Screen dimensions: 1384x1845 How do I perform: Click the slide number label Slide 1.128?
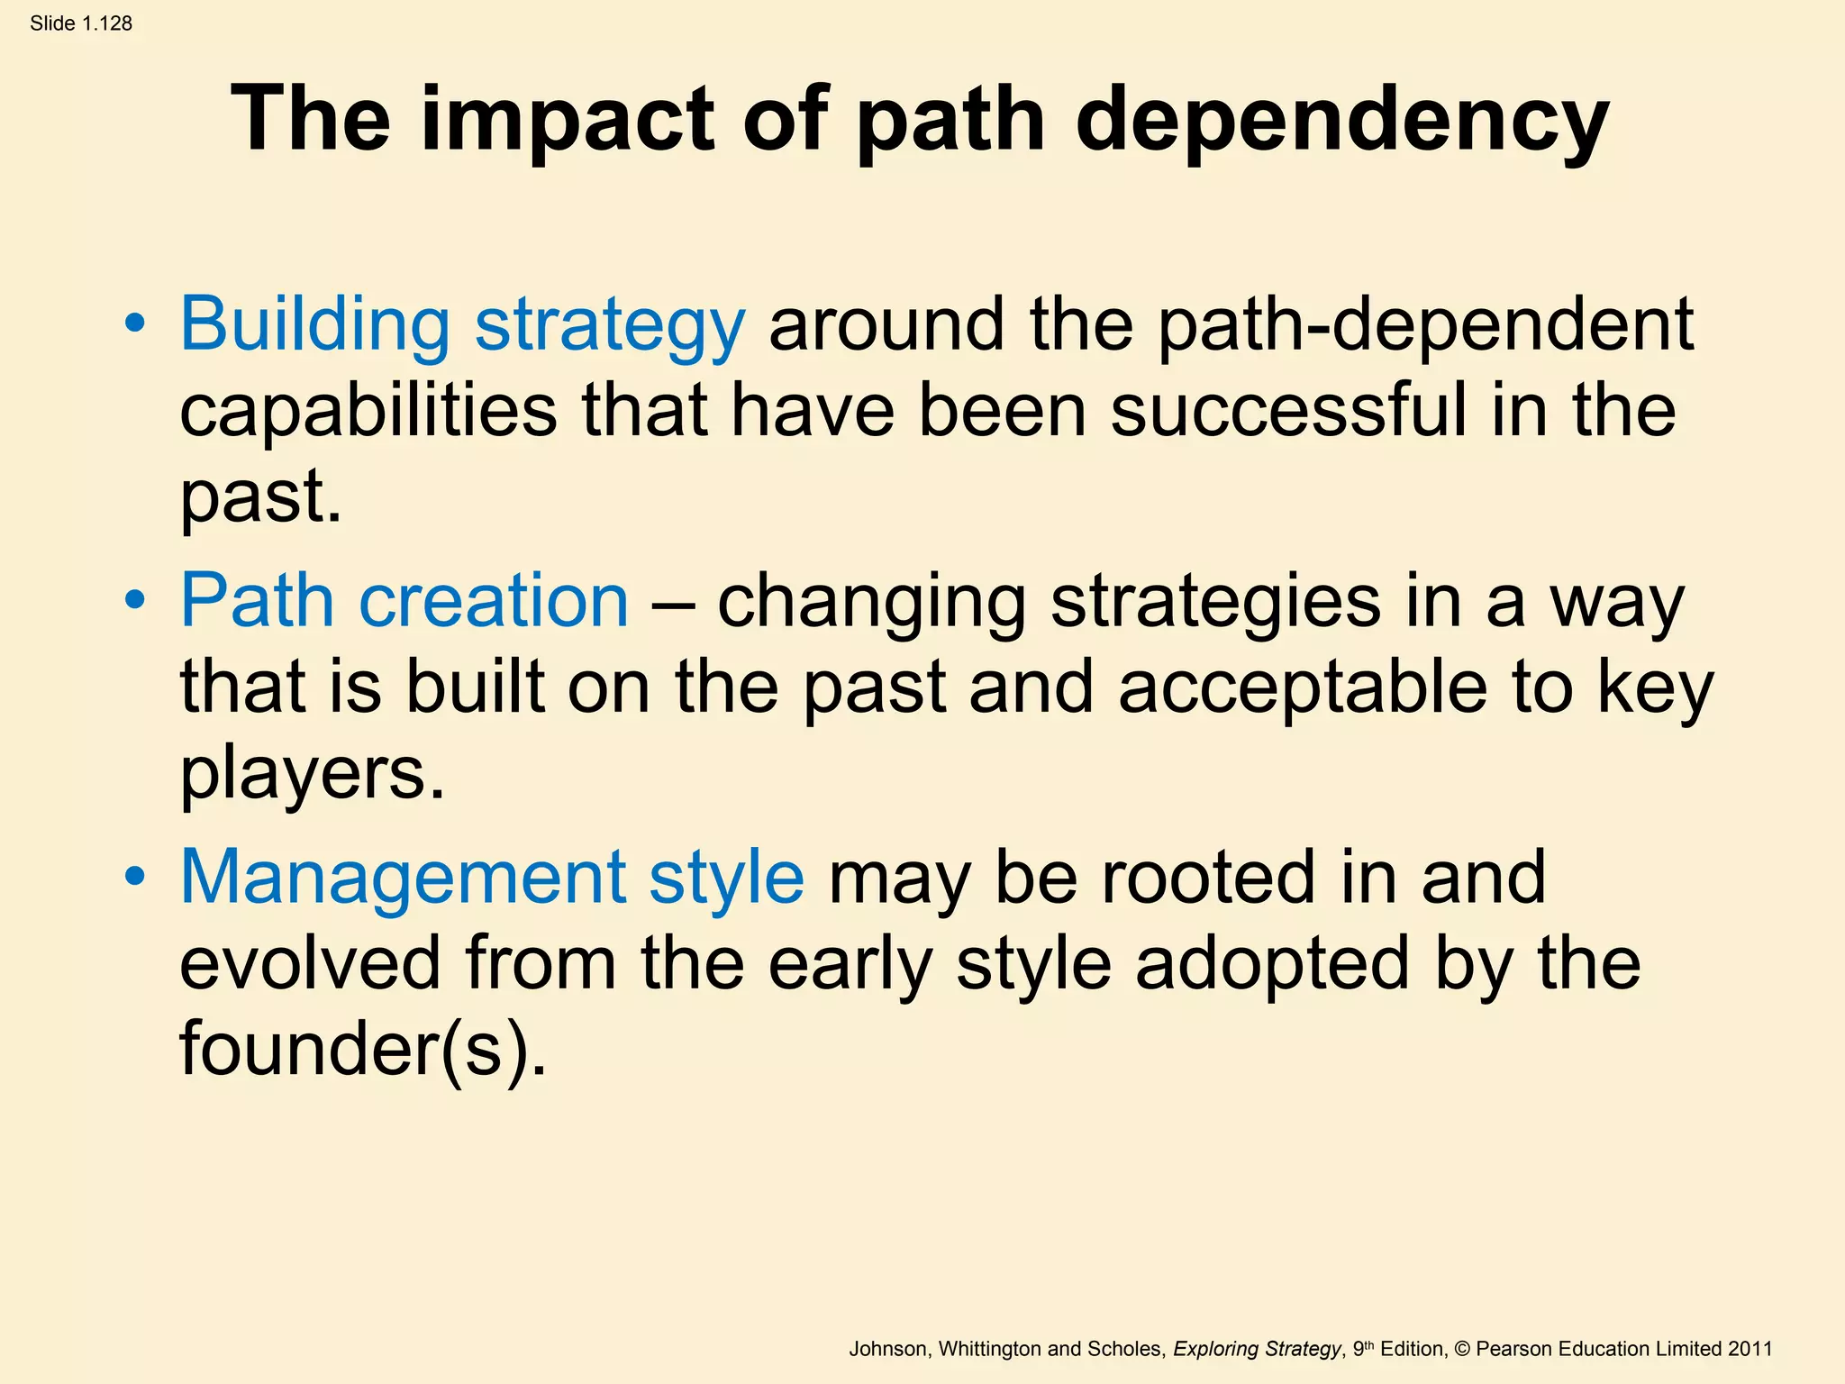[81, 23]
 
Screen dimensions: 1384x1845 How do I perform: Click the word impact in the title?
[567, 119]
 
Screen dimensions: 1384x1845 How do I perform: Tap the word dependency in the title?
[1341, 119]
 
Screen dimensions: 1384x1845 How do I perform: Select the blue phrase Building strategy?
[462, 324]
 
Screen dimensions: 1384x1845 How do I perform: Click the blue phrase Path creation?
[404, 601]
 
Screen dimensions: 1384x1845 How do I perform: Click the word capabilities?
[368, 411]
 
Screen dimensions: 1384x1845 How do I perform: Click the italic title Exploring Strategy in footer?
[1257, 1349]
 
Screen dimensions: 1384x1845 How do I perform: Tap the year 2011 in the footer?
[1750, 1349]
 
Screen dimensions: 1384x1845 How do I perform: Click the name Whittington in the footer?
[989, 1349]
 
